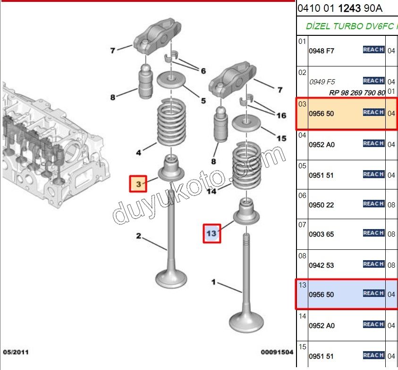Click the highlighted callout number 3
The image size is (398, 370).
[x=138, y=183]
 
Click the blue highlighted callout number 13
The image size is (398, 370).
[x=211, y=233]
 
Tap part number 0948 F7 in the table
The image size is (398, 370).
[x=321, y=51]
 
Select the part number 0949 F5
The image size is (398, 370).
[x=322, y=82]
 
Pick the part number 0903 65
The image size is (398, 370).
[x=321, y=234]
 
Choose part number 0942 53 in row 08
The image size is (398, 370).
[x=321, y=265]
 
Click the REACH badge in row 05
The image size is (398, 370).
[x=373, y=174]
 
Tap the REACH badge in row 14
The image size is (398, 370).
[x=373, y=324]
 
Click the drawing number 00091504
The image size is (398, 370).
[x=277, y=352]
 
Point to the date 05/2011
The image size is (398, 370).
[x=16, y=352]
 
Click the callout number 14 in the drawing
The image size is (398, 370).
[x=212, y=191]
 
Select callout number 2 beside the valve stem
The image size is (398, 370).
[x=139, y=236]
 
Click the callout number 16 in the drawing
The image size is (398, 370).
[x=281, y=115]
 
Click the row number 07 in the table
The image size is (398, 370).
[x=302, y=225]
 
